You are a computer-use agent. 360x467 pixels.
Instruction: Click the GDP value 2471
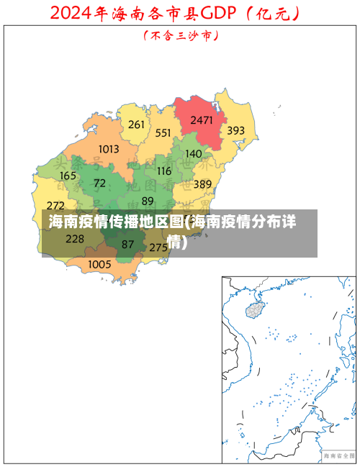(x=201, y=120)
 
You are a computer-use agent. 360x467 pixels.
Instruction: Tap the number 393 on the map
(x=236, y=131)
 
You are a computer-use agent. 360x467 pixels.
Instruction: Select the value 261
(x=136, y=124)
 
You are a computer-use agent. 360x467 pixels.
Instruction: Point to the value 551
(x=163, y=132)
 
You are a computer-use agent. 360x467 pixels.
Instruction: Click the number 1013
(x=109, y=149)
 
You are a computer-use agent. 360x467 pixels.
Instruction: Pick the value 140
(x=194, y=153)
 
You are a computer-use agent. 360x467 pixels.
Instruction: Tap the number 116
(x=164, y=171)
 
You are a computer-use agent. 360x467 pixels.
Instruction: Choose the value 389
(x=202, y=185)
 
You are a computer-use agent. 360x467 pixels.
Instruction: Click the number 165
(x=68, y=176)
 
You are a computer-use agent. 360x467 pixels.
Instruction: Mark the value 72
(x=99, y=183)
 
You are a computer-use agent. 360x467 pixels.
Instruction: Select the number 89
(x=148, y=201)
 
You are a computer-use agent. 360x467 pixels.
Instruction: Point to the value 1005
(x=99, y=264)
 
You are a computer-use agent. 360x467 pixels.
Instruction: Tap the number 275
(x=158, y=247)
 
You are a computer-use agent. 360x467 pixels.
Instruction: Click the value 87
(x=127, y=245)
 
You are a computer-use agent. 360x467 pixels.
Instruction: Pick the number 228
(x=75, y=239)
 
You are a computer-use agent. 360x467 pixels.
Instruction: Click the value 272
(x=55, y=206)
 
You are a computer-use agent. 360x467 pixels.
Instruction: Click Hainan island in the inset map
(x=255, y=309)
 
